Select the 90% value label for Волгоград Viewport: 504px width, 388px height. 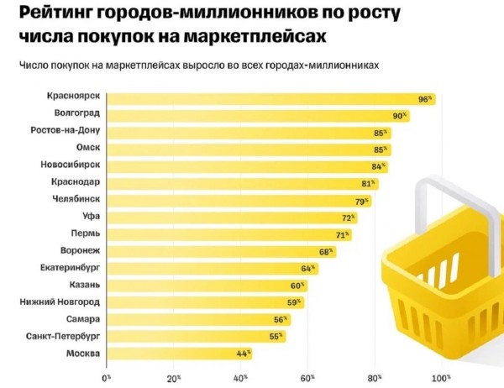[x=400, y=115]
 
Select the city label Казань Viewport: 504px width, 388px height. [x=85, y=286]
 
